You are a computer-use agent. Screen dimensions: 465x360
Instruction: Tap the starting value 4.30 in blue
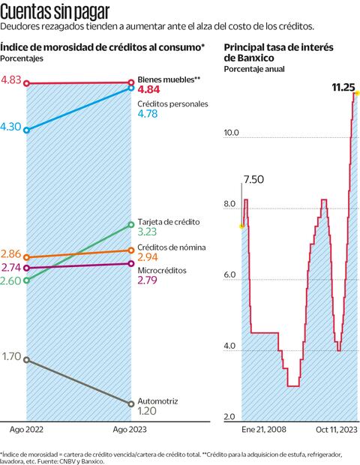pos(11,127)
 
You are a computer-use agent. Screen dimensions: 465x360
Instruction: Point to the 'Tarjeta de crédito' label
pos(169,222)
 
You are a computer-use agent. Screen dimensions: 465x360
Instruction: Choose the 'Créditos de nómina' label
pos(172,247)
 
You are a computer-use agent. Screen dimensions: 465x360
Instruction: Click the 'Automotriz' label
pos(158,401)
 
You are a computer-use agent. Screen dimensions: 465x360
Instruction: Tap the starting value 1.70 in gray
pos(11,357)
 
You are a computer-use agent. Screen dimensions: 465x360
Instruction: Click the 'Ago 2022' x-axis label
pos(26,430)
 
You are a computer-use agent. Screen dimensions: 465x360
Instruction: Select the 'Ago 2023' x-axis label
pos(130,430)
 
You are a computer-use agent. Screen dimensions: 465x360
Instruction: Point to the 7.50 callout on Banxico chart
pos(253,179)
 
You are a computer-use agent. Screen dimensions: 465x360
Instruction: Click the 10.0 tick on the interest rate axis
pos(231,133)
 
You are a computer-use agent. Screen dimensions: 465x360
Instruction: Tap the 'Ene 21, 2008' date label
pos(263,430)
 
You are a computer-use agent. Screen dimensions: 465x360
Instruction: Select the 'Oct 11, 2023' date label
pos(335,430)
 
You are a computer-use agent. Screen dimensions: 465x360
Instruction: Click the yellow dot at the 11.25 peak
pos(357,93)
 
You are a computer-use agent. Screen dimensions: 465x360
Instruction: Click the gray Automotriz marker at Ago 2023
pos(131,404)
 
